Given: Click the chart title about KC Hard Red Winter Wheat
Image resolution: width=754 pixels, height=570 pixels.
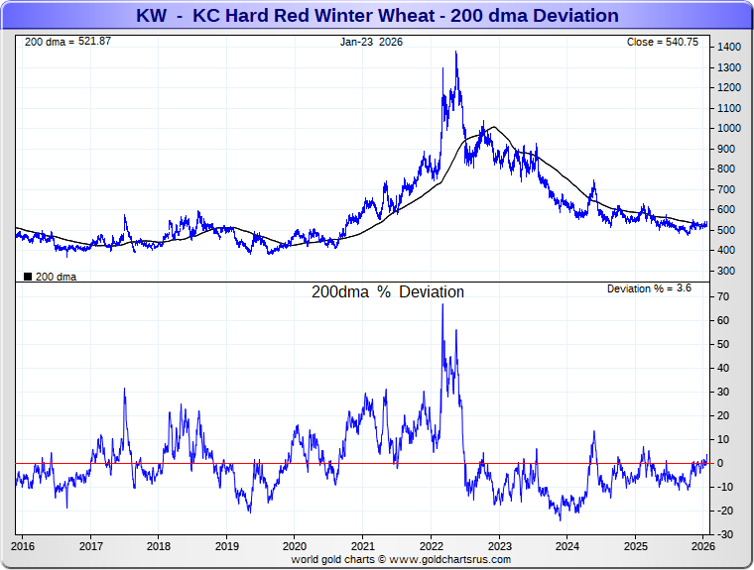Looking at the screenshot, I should coord(376,16).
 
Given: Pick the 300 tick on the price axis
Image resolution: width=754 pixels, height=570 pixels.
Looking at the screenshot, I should coord(726,271).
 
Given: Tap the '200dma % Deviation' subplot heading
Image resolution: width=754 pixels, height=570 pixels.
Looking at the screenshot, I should coord(388,292).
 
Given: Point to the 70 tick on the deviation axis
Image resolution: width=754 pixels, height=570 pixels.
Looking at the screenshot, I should coord(724,297).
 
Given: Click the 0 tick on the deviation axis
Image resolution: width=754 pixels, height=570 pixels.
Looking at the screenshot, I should coord(721,463).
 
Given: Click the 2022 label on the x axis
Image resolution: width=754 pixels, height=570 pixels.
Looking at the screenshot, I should coord(431,545).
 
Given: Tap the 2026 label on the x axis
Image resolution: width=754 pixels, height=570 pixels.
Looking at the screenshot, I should coord(702,545).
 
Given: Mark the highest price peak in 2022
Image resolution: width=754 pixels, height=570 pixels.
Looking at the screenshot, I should coord(455,53).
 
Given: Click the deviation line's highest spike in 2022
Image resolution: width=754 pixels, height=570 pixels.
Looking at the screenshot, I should coord(442,304).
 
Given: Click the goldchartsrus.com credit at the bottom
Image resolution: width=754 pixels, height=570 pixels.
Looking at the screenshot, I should coord(401,559).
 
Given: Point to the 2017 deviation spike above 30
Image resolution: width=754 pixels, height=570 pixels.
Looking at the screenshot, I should coord(124,389).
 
